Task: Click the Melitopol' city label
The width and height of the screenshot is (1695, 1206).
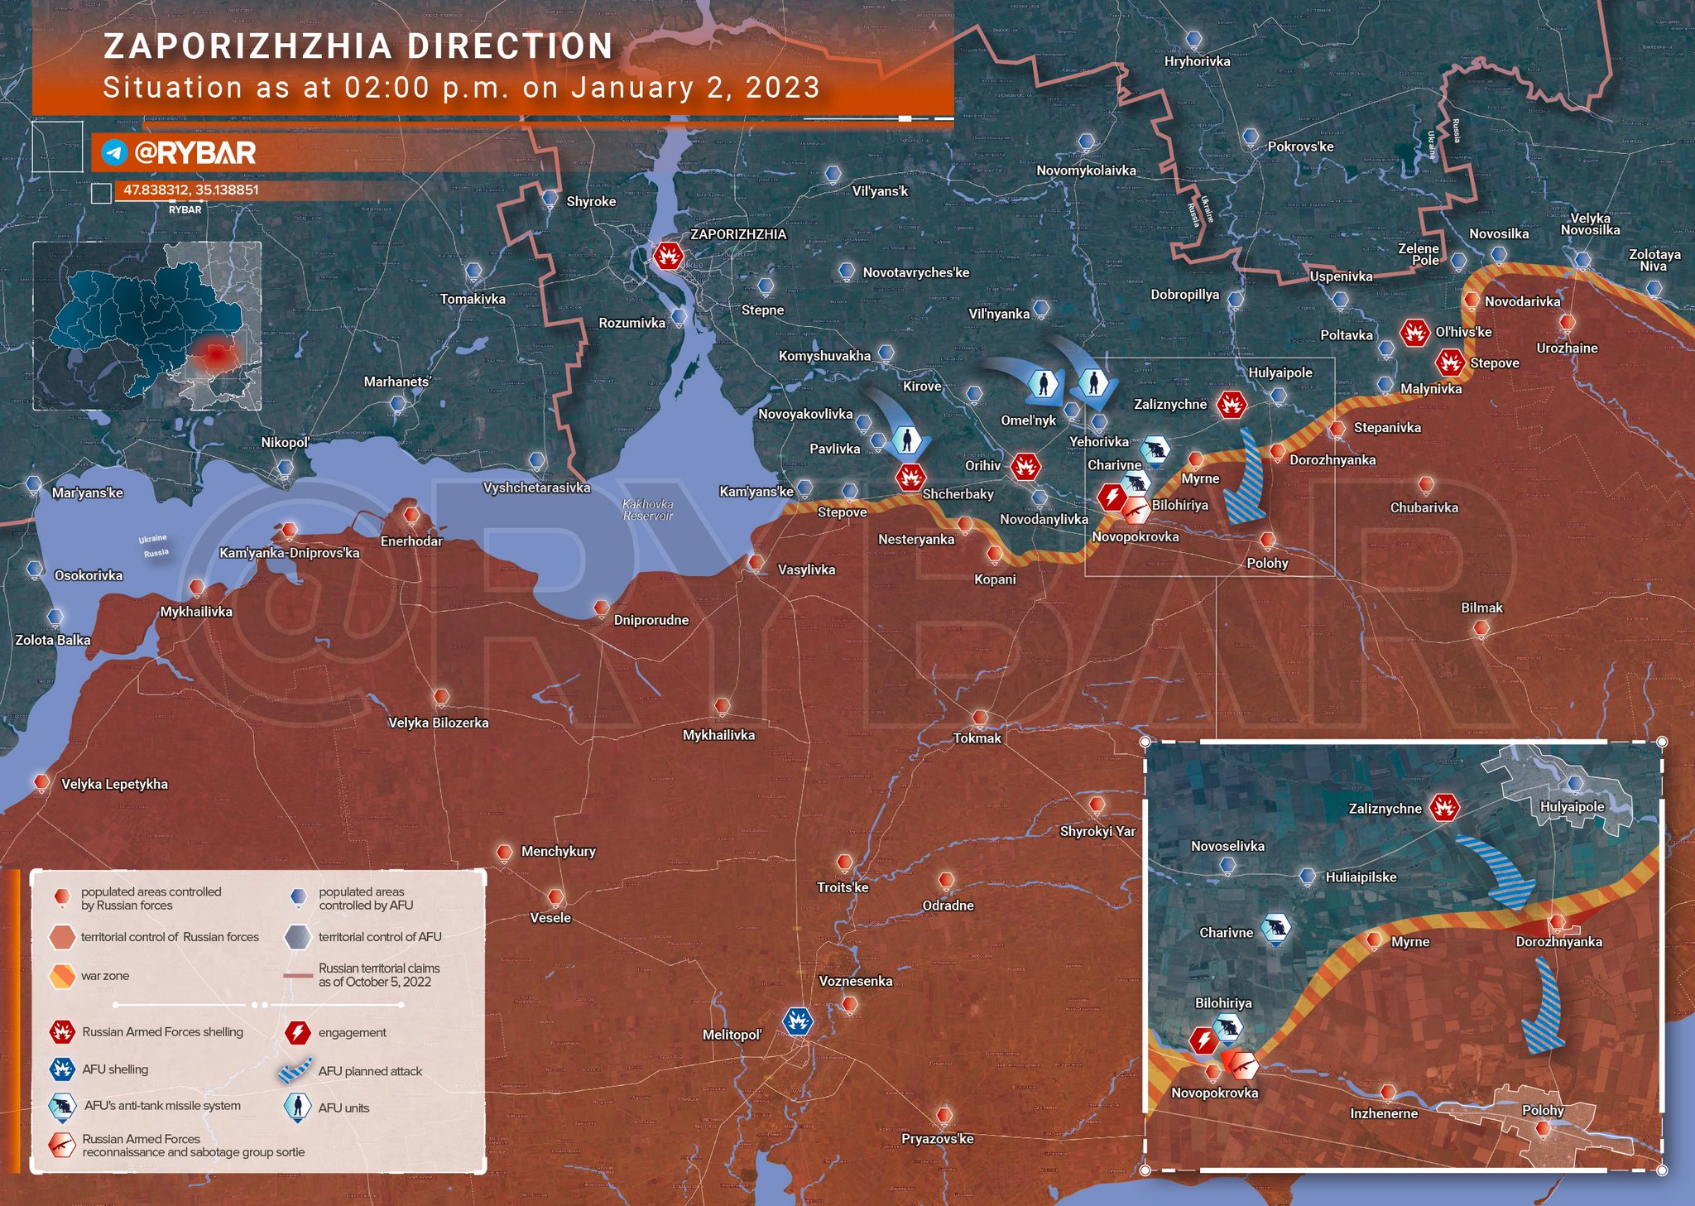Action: point(732,1035)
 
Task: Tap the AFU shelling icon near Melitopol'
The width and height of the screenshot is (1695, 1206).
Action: point(797,1021)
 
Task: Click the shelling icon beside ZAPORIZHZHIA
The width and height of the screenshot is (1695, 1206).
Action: point(668,256)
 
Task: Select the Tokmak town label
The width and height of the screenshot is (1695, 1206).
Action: point(977,738)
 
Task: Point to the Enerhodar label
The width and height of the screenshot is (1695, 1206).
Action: point(411,541)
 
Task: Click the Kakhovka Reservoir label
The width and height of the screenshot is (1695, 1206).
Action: point(647,510)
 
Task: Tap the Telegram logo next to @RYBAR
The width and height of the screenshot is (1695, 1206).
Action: point(114,152)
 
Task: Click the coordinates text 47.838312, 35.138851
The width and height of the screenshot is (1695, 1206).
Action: point(191,190)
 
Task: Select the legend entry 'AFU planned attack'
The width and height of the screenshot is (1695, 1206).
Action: point(370,1071)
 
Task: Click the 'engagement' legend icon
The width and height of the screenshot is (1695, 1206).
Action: point(298,1032)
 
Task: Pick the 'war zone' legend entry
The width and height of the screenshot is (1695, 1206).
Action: point(105,976)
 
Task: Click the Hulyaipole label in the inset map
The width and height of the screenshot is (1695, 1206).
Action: point(1572,806)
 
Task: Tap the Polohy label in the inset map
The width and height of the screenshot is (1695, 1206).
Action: point(1543,1110)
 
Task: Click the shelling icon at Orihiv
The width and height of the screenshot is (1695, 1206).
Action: point(1025,467)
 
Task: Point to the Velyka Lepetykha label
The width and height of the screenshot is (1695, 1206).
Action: point(114,784)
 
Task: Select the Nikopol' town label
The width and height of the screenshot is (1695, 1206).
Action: point(285,443)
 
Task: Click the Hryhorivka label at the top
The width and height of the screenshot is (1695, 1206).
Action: point(1197,61)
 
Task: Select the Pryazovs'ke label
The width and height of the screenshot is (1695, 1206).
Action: point(937,1139)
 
